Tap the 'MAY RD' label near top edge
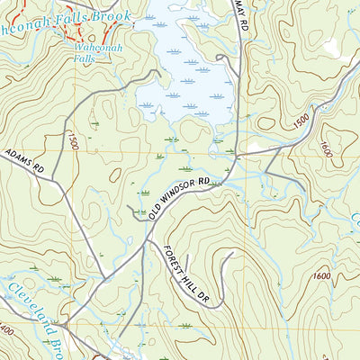pyautogui.click(x=239, y=13)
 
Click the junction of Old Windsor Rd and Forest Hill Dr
pyautogui.click(x=146, y=240)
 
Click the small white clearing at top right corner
pyautogui.click(x=333, y=45)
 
